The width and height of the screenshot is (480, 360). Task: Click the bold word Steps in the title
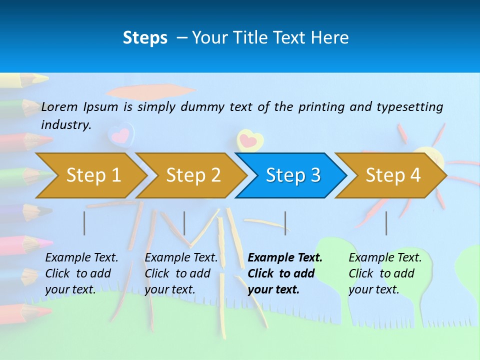145,38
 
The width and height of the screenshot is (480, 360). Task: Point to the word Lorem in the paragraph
59,106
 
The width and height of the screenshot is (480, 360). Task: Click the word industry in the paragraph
66,125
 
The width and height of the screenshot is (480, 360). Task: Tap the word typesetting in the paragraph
409,106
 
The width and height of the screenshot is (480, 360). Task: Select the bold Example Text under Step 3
285,258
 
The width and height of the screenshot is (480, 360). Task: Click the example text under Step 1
81,273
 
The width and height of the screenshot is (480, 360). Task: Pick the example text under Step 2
181,273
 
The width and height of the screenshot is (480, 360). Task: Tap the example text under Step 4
385,273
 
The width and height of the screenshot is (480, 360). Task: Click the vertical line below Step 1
84,223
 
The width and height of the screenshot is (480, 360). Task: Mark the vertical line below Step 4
386,223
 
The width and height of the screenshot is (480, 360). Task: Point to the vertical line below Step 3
285,223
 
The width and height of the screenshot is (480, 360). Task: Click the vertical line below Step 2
184,223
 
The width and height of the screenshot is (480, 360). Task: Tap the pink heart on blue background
121,134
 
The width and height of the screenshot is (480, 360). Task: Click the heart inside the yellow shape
248,140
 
